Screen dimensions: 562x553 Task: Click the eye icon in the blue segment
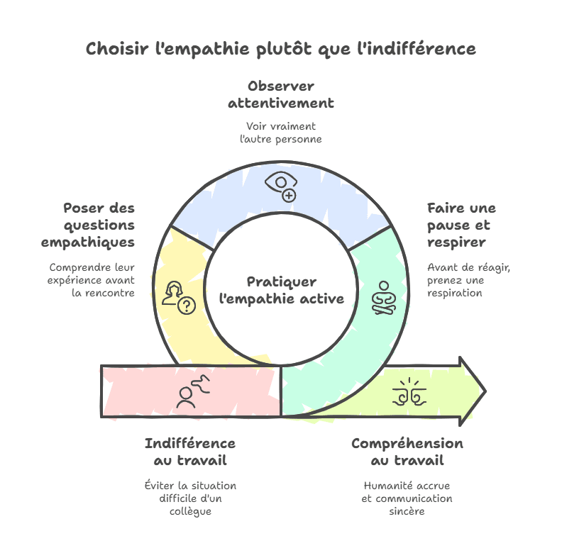click(281, 186)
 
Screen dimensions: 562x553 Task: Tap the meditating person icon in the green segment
click(383, 298)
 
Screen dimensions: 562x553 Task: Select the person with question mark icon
click(179, 297)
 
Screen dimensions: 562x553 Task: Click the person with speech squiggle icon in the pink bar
click(193, 391)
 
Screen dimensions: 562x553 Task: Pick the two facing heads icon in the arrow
click(409, 391)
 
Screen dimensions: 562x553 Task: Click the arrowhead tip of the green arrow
click(485, 391)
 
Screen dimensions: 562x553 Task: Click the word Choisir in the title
click(117, 49)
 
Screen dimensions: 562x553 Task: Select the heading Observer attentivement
click(281, 94)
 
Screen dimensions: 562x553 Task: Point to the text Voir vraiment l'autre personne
click(281, 133)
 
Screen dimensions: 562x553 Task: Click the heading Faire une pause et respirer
click(462, 225)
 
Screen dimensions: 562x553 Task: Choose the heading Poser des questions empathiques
click(88, 225)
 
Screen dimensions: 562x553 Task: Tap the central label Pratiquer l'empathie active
click(282, 290)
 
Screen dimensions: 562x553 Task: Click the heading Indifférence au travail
click(190, 452)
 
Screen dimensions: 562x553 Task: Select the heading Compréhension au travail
click(407, 452)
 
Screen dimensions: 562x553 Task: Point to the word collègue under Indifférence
click(190, 511)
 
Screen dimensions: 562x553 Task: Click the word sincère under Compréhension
click(407, 511)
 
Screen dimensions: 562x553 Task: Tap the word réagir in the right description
click(495, 268)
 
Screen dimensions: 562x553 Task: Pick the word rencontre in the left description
click(110, 293)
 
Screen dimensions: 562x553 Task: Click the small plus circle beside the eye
click(289, 196)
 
